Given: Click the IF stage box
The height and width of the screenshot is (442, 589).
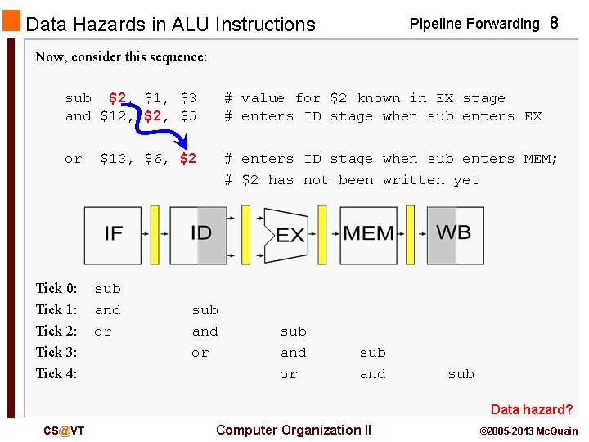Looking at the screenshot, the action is [x=113, y=234].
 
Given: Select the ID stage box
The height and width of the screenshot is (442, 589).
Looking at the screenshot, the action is [x=199, y=234].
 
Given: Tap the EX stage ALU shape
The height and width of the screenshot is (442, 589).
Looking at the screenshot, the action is [x=288, y=236].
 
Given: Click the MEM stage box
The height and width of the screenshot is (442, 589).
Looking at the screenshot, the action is [x=368, y=234].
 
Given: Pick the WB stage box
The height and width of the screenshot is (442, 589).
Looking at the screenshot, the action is [x=454, y=234].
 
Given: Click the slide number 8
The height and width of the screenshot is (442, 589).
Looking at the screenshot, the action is [x=554, y=24].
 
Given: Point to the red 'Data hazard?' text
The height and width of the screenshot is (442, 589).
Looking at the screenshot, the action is [x=532, y=409].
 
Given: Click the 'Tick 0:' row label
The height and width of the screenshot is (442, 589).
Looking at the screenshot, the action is [x=56, y=288].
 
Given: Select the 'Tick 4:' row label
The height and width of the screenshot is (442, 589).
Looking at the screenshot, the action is [x=56, y=373].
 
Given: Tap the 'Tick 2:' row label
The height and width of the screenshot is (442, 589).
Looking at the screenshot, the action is [x=56, y=331].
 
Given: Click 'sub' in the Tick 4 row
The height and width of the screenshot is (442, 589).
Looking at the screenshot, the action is [x=461, y=374].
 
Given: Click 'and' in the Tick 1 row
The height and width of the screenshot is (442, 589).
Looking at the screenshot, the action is [x=107, y=310].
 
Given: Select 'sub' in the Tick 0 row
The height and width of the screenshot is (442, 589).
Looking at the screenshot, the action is [x=107, y=289].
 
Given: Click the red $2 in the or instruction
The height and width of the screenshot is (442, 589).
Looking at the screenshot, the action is [x=187, y=159].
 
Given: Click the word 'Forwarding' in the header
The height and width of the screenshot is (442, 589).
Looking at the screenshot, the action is [x=501, y=24].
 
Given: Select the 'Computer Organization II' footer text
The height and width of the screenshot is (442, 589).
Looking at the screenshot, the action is [x=293, y=431].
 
